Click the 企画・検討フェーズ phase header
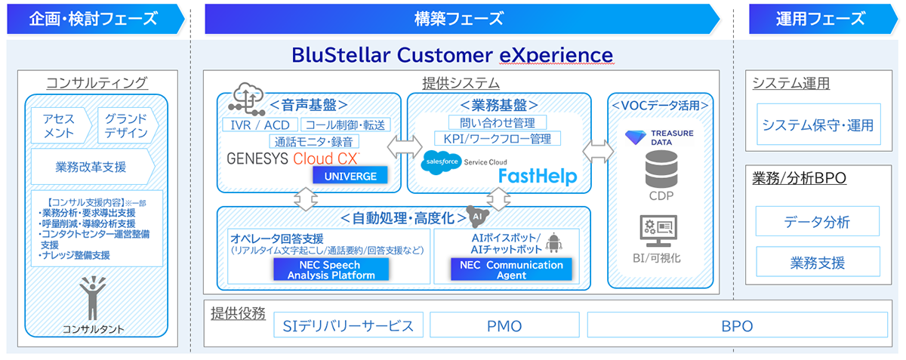click(x=94, y=19)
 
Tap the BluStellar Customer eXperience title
click(x=452, y=56)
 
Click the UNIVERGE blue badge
click(x=350, y=175)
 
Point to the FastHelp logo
click(x=537, y=176)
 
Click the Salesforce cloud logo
click(x=439, y=162)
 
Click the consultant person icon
click(x=94, y=298)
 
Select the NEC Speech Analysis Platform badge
click(x=331, y=269)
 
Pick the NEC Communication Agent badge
click(x=512, y=269)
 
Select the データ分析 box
click(x=817, y=222)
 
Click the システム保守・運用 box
click(x=817, y=125)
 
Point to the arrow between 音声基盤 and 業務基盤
click(x=404, y=144)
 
